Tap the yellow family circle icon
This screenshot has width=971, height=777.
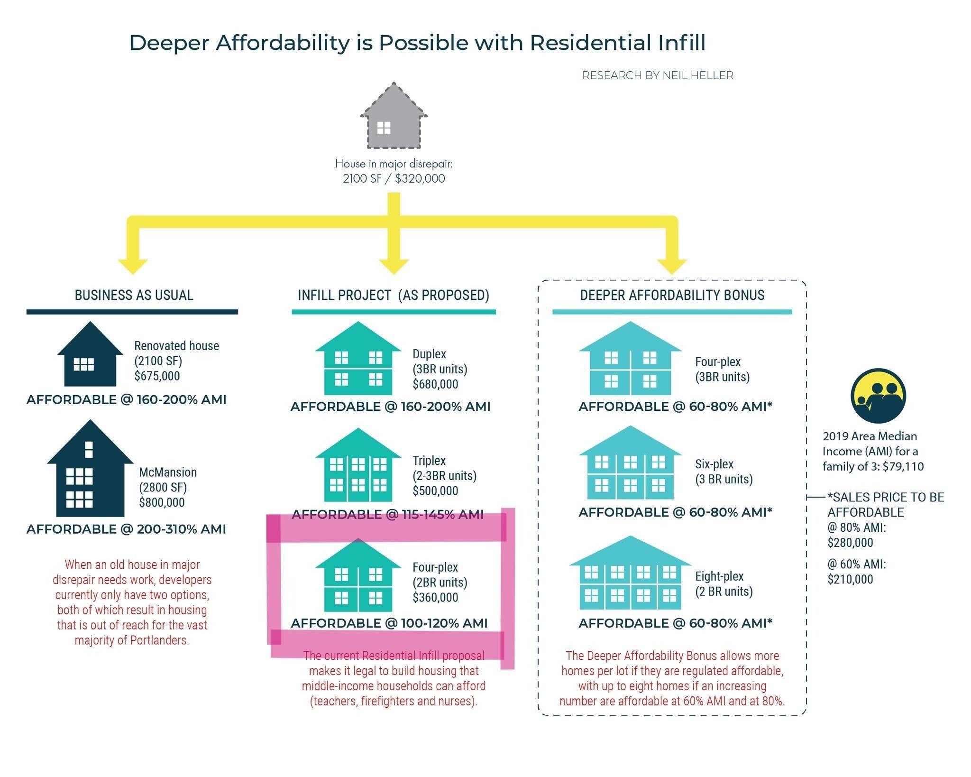pos(878,396)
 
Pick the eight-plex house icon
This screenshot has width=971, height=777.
pos(630,573)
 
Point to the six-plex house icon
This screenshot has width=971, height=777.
pos(630,462)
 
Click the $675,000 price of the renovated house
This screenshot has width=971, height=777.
pos(157,376)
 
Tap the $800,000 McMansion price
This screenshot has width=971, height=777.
pos(162,502)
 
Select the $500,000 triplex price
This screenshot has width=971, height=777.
pos(435,490)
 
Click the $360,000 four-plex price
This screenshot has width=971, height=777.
pos(435,597)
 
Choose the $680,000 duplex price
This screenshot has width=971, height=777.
pos(435,384)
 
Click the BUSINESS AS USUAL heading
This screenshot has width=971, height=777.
pos(134,295)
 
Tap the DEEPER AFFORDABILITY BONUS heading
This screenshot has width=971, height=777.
pos(672,295)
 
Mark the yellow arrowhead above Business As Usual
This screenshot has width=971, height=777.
pos(133,267)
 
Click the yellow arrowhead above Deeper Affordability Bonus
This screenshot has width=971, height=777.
pos(672,267)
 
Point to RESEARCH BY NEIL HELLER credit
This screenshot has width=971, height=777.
pos(658,75)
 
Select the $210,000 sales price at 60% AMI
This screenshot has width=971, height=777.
pos(850,579)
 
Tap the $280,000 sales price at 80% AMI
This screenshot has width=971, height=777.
pos(850,543)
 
